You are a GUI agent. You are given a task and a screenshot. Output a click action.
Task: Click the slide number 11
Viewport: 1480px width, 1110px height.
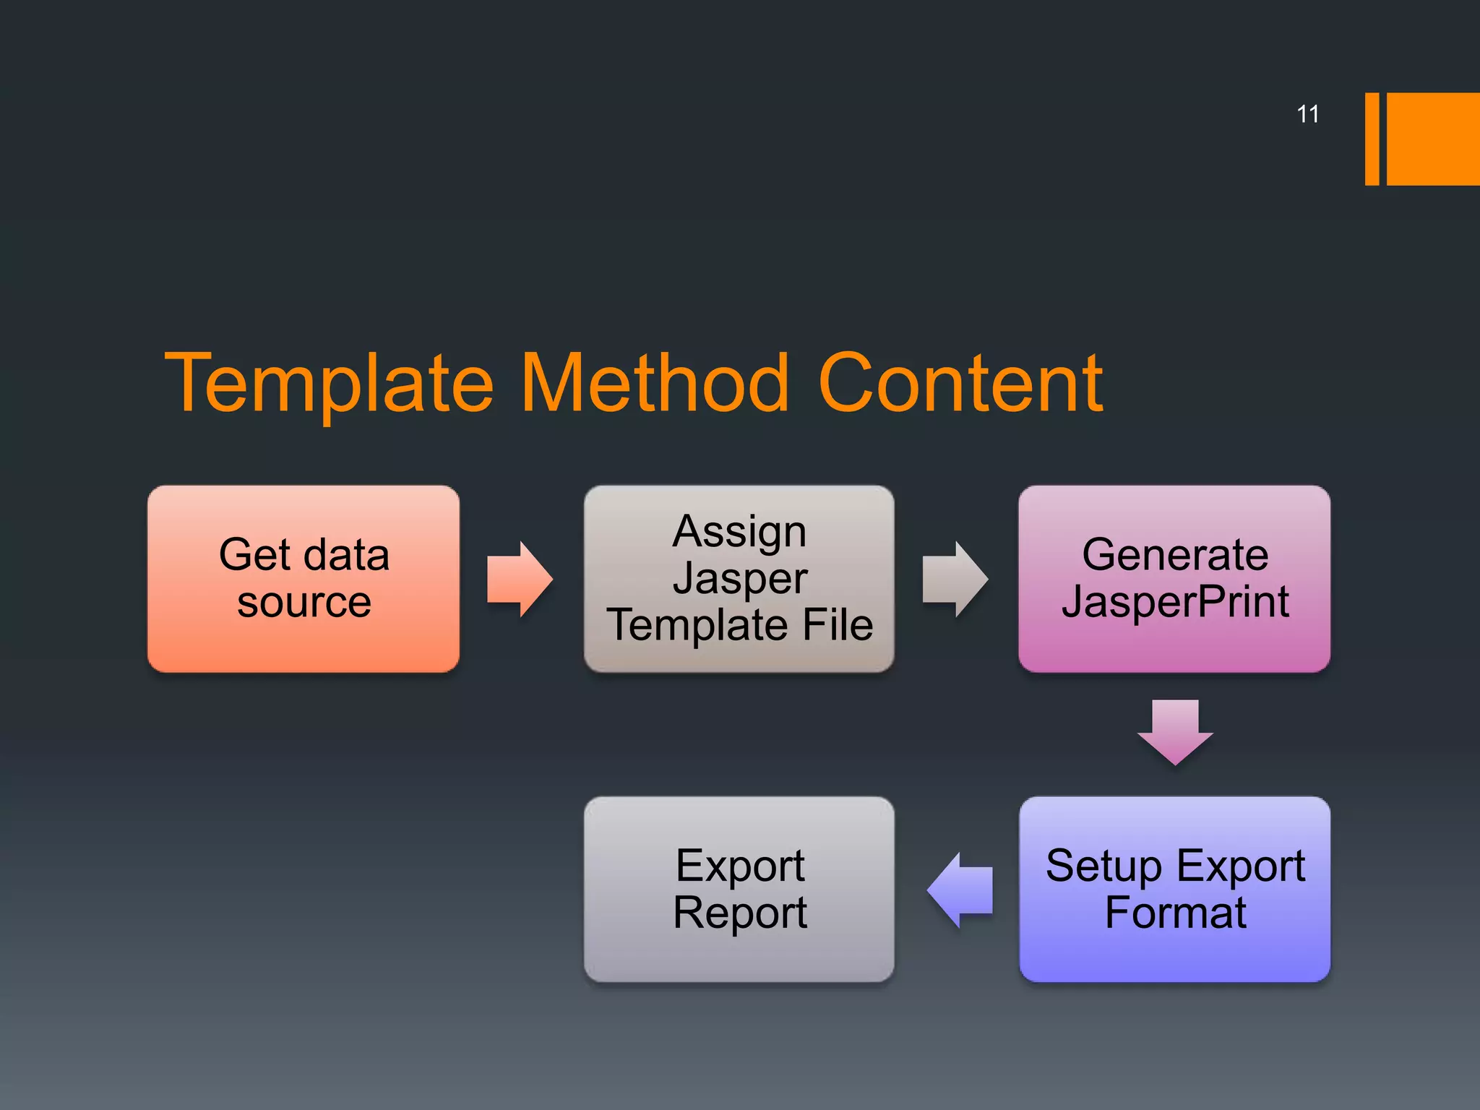pos(1307,114)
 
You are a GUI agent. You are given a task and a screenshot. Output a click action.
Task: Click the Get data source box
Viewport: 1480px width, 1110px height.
pos(304,579)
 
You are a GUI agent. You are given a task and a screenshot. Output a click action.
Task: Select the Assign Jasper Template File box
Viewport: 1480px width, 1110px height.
pos(739,579)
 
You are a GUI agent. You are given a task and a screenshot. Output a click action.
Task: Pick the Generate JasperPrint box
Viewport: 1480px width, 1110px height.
pos(1174,579)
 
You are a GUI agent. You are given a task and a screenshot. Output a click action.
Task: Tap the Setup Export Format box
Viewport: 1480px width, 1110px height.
pos(1174,889)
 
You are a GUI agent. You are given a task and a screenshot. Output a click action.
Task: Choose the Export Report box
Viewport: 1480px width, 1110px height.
pos(739,889)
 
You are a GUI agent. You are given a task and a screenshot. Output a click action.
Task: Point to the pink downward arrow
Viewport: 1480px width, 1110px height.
pos(1175,731)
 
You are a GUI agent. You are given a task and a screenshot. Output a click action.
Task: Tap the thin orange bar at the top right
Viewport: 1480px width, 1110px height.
pos(1372,139)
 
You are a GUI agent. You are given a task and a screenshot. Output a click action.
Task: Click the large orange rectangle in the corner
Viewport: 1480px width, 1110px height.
pos(1433,139)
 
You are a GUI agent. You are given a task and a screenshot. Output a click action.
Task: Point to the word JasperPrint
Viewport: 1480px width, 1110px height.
pos(1175,601)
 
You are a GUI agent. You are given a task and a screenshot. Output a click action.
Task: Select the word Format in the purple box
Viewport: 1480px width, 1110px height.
pos(1175,913)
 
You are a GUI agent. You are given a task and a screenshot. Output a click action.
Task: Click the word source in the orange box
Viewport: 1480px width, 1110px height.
pos(304,602)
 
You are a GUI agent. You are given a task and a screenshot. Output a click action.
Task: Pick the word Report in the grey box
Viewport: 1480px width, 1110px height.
pos(739,913)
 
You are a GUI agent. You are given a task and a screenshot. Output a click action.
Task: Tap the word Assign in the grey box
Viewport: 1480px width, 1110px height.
pos(739,532)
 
